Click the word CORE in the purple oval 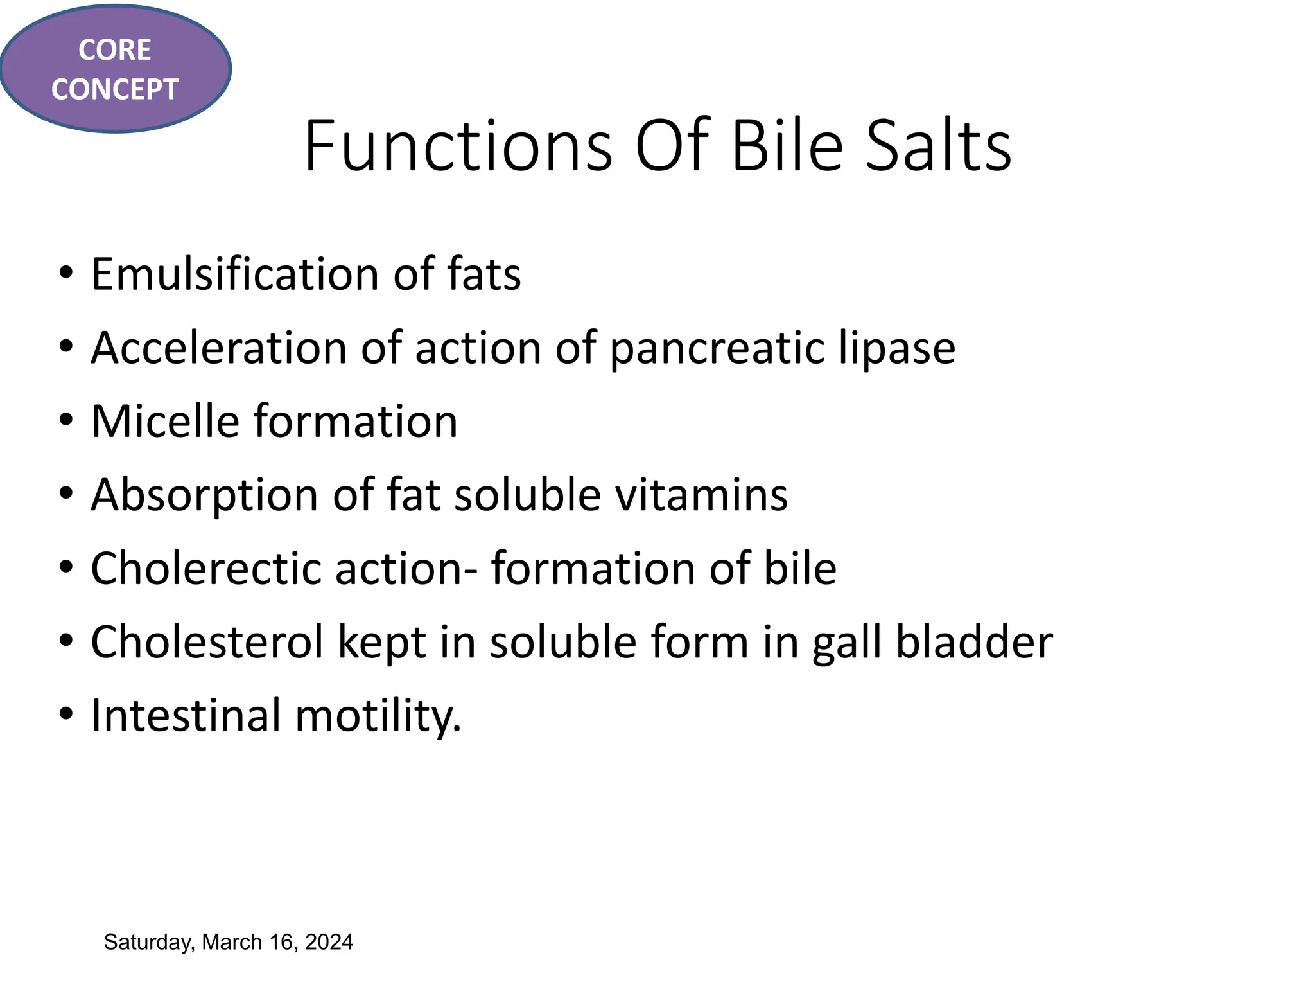coord(114,50)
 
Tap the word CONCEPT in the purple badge coord(114,89)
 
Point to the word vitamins coord(701,495)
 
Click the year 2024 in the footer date coord(329,942)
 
